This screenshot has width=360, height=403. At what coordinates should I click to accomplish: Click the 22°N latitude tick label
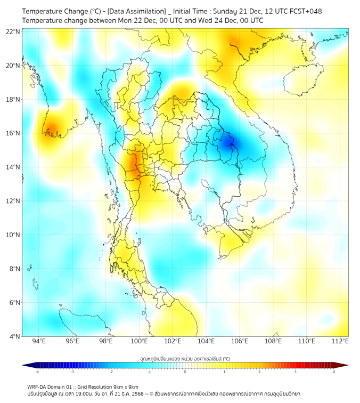click(13, 31)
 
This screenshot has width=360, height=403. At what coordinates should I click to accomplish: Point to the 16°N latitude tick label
click(13, 133)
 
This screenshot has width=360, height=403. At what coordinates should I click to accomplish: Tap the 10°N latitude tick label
click(13, 235)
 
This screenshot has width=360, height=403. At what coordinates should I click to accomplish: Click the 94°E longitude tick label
click(39, 342)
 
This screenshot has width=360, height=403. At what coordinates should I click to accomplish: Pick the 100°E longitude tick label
click(140, 342)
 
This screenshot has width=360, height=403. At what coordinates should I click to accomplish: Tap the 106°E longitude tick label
click(240, 342)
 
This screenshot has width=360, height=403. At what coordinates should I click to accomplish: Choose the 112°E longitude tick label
click(340, 342)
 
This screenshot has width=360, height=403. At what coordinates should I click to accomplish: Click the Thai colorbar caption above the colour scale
click(185, 359)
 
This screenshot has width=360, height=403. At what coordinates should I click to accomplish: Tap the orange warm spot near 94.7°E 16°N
click(52, 129)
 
